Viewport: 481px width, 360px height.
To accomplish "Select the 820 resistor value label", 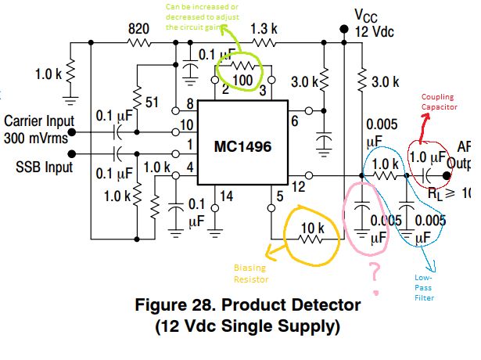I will (x=139, y=29).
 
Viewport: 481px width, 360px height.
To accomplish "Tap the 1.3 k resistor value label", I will (x=263, y=29).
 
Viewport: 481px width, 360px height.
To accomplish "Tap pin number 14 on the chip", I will (x=225, y=196).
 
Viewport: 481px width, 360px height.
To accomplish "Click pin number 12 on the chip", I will (x=299, y=187).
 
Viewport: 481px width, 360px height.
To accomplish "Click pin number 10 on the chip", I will (x=185, y=125).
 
